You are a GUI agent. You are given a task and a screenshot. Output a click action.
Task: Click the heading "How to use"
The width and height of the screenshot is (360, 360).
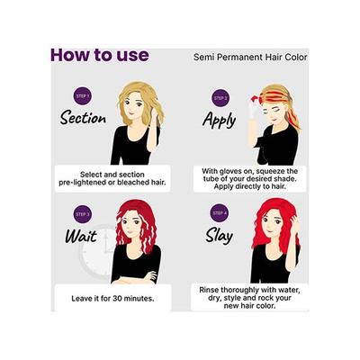99,54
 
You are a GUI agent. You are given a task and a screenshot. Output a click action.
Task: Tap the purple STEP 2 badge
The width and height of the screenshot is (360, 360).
220,97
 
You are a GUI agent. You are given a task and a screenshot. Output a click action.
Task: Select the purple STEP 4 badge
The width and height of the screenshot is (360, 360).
220,214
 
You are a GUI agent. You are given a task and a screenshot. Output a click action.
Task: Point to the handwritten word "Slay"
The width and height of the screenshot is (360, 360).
219,237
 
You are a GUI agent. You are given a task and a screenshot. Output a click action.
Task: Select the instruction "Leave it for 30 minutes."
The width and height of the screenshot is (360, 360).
108,298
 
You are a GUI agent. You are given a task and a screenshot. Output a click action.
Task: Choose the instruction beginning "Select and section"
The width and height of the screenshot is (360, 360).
108,175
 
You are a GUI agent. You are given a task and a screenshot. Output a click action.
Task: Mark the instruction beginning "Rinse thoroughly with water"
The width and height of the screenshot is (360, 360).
251,298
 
